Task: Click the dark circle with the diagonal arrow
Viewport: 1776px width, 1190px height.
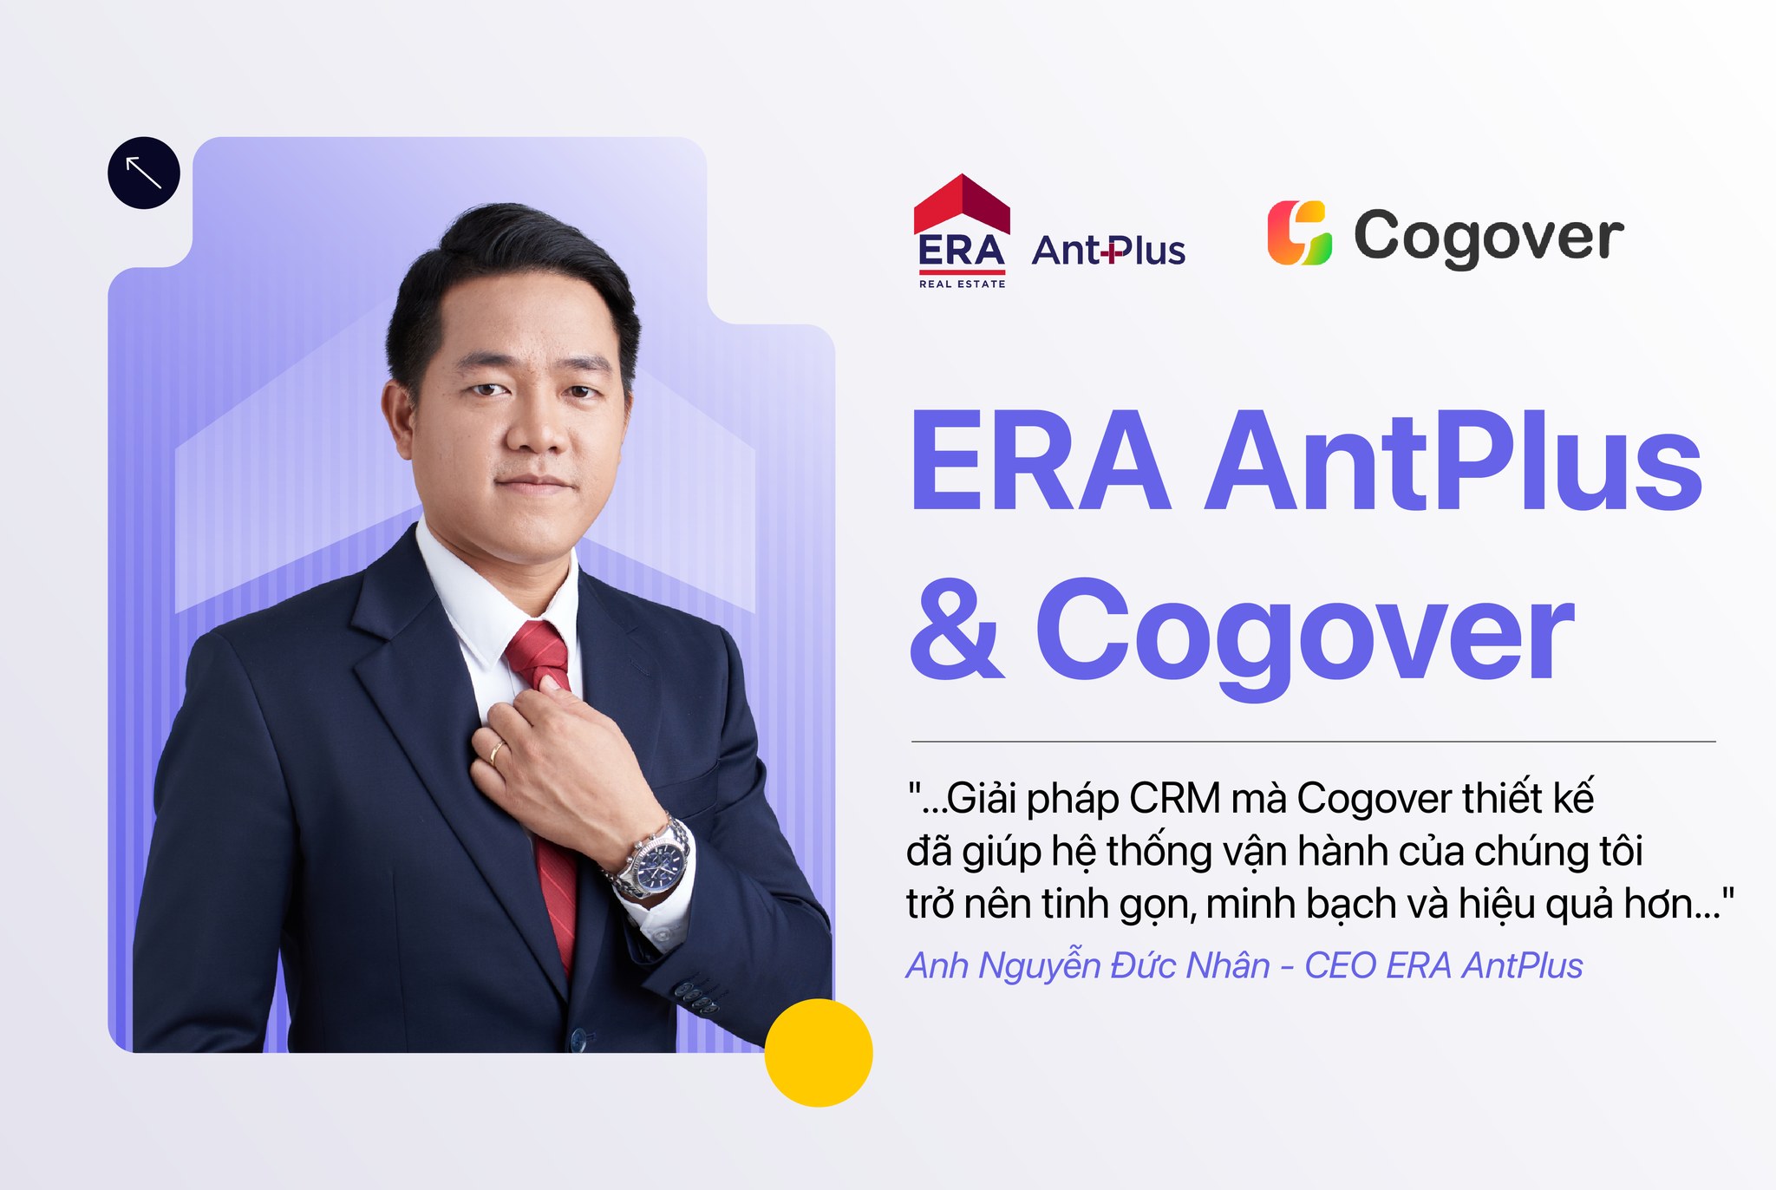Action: click(144, 173)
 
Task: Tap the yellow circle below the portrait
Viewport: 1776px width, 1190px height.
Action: click(819, 1052)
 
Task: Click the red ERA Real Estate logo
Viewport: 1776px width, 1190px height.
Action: click(962, 231)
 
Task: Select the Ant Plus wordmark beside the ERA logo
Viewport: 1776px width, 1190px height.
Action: click(1108, 250)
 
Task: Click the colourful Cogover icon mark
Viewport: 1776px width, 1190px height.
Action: click(1299, 232)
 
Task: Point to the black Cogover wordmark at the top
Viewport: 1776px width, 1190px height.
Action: click(1489, 236)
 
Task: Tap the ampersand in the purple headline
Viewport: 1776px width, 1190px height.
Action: click(957, 629)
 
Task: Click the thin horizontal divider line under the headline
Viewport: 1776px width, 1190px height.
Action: click(1313, 742)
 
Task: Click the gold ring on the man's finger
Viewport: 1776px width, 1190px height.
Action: click(497, 751)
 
